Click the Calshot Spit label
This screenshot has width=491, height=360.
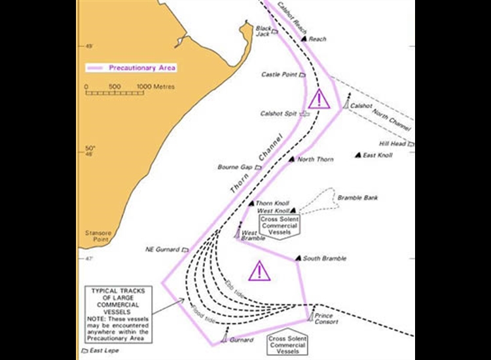(278, 113)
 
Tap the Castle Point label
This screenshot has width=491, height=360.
(280, 75)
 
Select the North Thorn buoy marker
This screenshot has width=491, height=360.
(292, 159)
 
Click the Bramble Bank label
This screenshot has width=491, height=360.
(357, 198)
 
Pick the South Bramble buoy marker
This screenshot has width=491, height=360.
(299, 259)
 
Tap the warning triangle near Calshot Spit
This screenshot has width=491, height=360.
(319, 100)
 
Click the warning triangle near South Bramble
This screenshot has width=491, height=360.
(260, 270)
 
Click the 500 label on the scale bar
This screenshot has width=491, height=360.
(115, 86)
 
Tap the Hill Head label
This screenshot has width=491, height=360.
(393, 144)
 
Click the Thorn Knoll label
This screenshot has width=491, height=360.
(272, 204)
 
